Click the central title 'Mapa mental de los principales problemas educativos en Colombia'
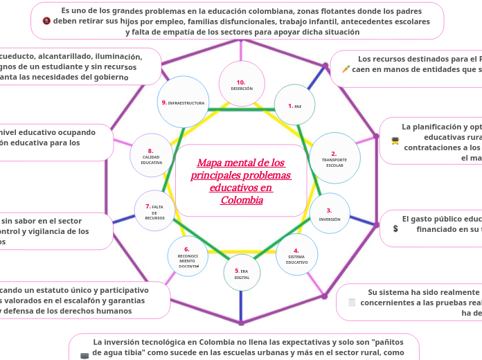(241, 181)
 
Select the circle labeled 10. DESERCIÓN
(242, 84)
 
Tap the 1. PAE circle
(294, 106)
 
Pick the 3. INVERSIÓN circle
(329, 213)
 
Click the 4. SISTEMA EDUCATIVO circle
(296, 255)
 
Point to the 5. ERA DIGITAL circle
(242, 273)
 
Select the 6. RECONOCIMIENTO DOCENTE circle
(188, 256)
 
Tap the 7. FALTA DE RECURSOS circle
(154, 210)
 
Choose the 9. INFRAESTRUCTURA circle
(183, 102)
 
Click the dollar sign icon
(395, 228)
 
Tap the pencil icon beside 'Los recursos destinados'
(346, 69)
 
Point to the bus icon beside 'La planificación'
(395, 141)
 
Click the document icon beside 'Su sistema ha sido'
(352, 302)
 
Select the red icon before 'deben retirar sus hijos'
(46, 21)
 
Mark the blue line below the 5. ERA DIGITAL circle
(241, 305)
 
